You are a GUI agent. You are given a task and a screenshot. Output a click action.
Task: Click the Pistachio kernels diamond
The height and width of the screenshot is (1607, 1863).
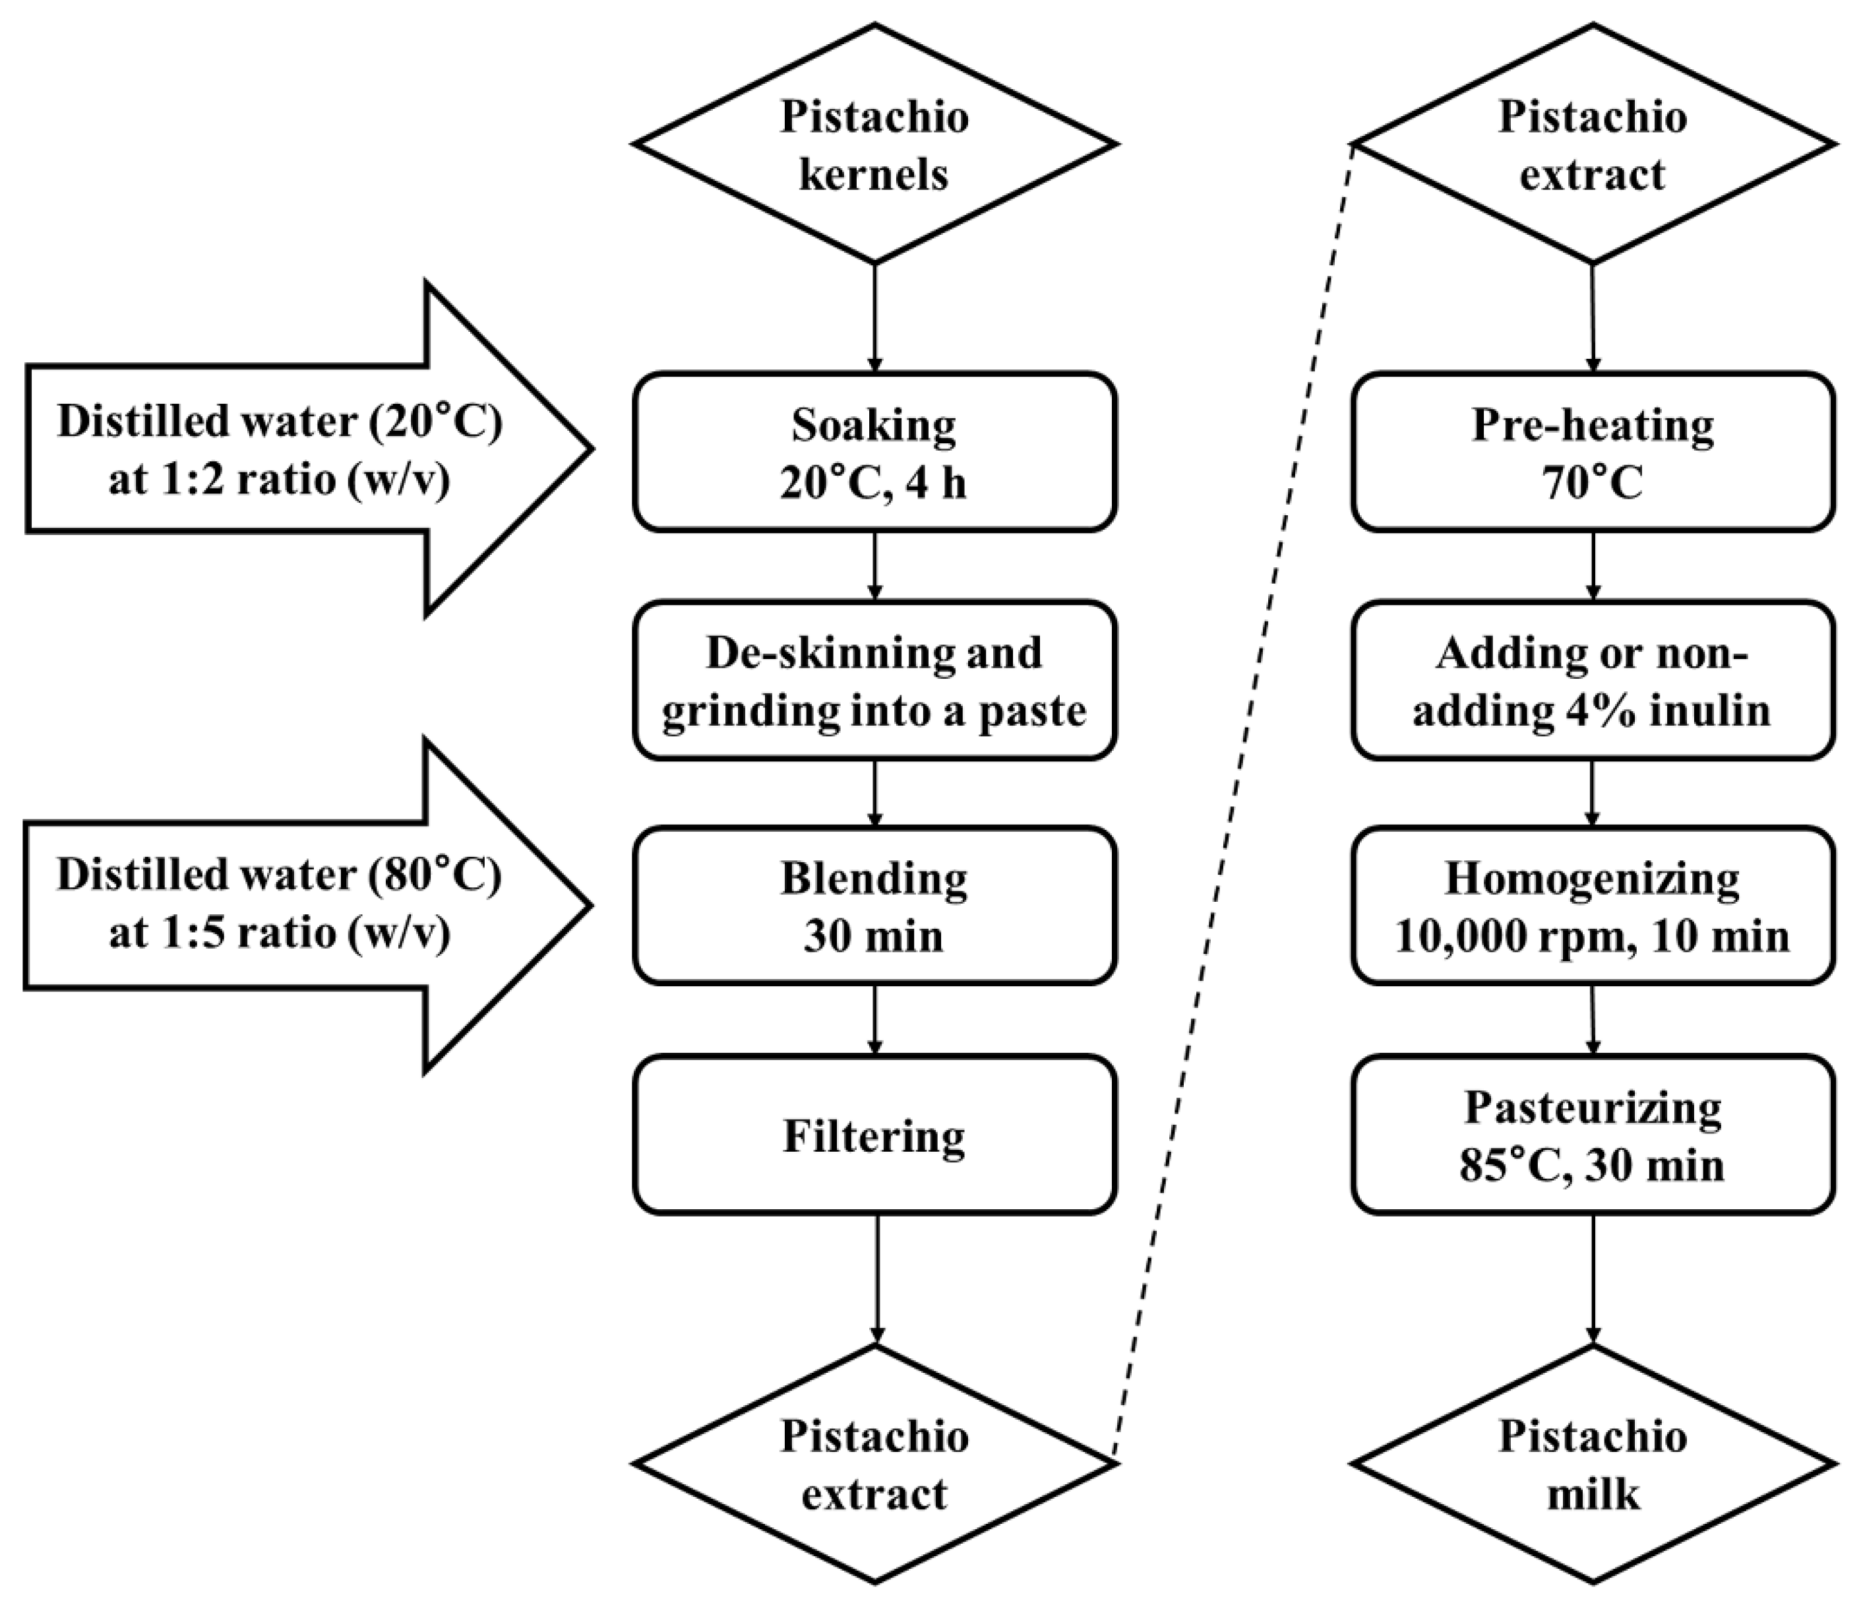tap(874, 144)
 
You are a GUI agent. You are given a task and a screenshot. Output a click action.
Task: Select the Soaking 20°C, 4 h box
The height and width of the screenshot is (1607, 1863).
tap(874, 451)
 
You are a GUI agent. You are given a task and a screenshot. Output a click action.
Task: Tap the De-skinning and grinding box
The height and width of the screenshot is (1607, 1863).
tap(874, 681)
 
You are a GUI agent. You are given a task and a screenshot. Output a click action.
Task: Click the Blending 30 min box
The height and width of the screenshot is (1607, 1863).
tap(874, 906)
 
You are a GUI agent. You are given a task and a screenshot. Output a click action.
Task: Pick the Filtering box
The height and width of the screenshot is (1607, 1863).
tap(874, 1135)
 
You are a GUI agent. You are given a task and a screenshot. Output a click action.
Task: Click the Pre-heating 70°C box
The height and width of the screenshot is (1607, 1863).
tap(1593, 451)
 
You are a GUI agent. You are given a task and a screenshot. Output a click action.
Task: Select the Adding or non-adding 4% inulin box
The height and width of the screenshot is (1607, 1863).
tap(1593, 681)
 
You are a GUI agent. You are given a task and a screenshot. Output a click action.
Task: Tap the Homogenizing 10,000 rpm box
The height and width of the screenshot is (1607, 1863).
tap(1593, 906)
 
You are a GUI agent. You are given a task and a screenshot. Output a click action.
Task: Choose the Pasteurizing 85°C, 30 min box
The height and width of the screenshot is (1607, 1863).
tap(1593, 1135)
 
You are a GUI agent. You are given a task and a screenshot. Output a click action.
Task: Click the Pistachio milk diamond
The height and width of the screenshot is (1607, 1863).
tap(1593, 1463)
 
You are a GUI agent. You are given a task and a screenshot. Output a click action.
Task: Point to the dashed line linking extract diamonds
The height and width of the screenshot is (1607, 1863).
tap(1234, 800)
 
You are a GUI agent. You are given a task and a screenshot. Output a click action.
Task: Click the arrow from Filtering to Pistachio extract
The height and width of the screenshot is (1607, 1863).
tap(876, 1277)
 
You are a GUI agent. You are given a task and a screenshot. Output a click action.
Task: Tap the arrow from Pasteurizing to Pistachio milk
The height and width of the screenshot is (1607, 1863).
tap(1593, 1277)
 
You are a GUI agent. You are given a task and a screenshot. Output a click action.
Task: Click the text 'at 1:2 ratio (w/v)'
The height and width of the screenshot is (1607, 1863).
tap(280, 481)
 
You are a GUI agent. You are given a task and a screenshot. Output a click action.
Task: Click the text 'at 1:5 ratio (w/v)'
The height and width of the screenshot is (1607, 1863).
tap(280, 933)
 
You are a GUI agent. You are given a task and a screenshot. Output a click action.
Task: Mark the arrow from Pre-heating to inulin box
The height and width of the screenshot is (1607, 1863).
tap(1593, 565)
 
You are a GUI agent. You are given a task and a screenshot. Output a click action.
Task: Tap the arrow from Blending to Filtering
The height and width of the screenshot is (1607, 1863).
tap(875, 1019)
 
